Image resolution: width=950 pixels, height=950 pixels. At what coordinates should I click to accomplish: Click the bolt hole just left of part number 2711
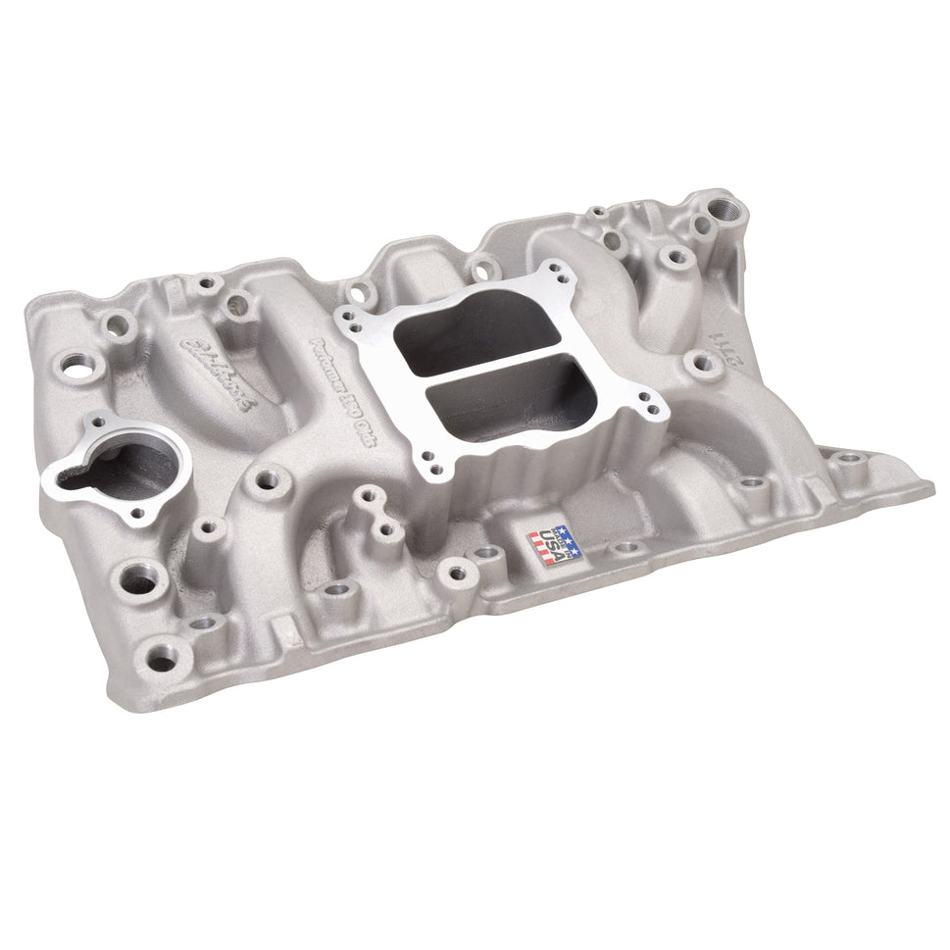702,366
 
